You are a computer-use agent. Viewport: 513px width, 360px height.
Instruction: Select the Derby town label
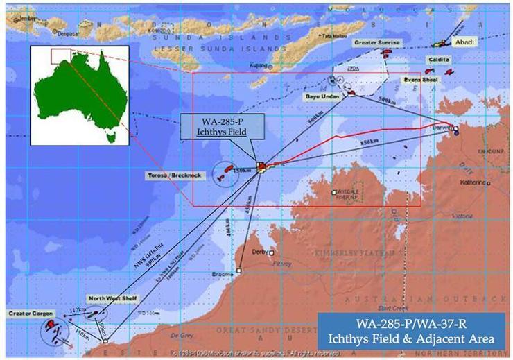tap(260, 252)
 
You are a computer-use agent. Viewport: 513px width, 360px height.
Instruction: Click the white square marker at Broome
tap(238, 271)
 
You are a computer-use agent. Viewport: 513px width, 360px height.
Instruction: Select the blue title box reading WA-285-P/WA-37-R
tap(415, 332)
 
